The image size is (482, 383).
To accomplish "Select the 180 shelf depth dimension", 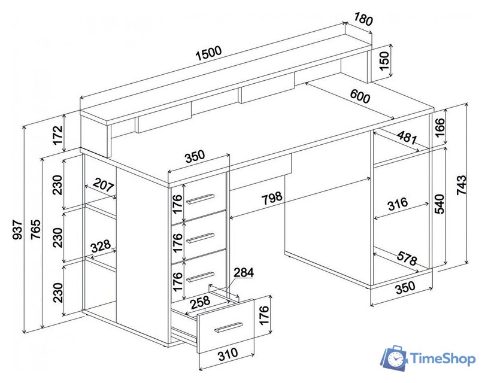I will point(363,20).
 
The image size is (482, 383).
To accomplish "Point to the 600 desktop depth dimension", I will point(360,96).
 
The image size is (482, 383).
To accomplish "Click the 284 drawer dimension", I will point(244,273).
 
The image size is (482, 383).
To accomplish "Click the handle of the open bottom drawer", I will point(229,327).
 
